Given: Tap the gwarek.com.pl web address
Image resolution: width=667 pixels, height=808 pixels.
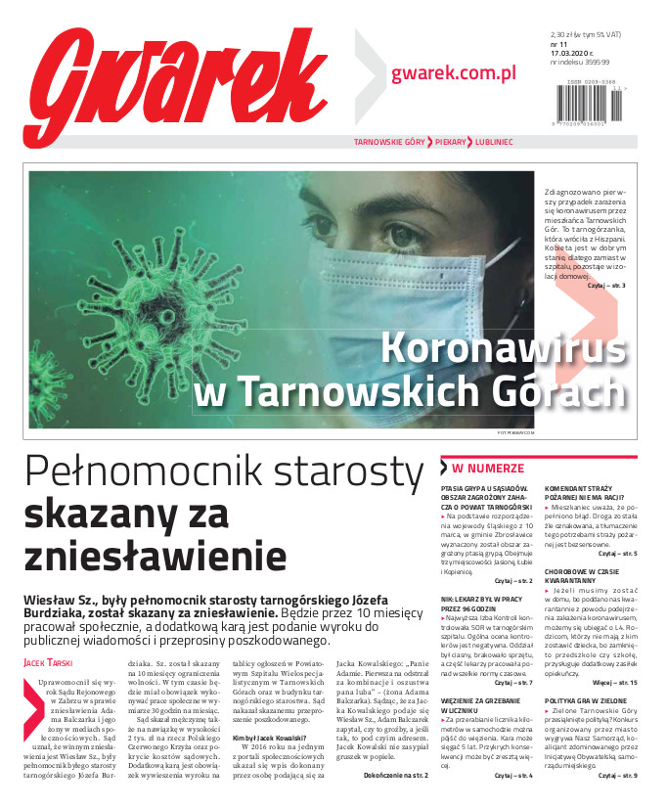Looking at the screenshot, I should click(453, 72).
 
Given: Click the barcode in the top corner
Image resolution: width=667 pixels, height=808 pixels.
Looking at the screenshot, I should click(593, 101).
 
